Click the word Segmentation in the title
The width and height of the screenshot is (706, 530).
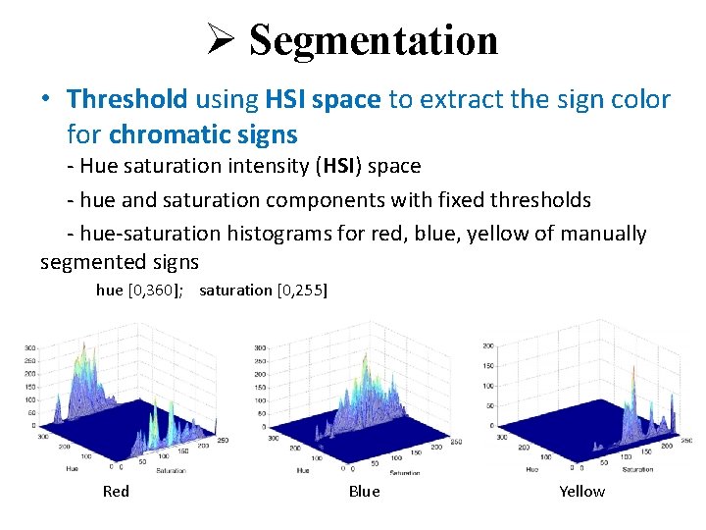tap(374, 40)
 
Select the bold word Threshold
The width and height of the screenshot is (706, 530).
tap(126, 99)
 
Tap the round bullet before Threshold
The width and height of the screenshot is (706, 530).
tap(46, 100)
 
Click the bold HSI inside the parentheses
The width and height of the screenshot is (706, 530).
tap(337, 167)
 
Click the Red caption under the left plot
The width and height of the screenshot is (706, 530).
tap(116, 491)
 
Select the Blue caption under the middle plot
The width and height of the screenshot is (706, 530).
tap(364, 491)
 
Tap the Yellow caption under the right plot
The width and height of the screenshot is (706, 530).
tap(581, 491)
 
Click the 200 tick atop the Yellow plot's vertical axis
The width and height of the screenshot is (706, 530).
tap(487, 346)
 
